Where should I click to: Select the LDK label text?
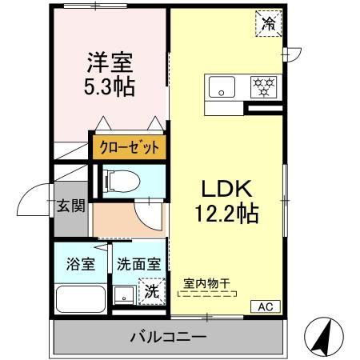coord(226,190)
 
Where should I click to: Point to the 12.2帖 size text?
coord(226,214)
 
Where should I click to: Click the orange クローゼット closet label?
coord(129,147)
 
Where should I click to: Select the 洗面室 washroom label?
coord(138,263)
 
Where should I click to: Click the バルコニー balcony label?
coord(168,336)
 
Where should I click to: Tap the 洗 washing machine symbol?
coord(150,291)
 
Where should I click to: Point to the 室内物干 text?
coord(206,282)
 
